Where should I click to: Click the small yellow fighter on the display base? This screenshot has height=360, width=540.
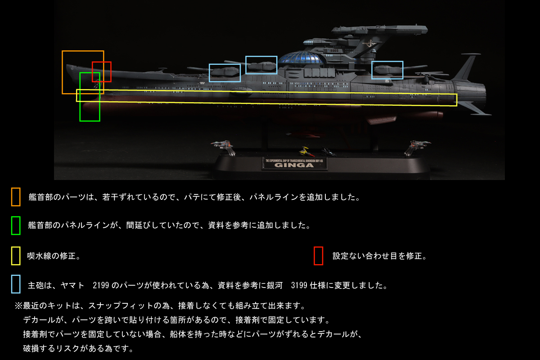pyautogui.click(x=308, y=149)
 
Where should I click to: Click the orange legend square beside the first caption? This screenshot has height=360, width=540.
pyautogui.click(x=16, y=197)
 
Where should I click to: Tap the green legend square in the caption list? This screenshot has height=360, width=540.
pyautogui.click(x=16, y=225)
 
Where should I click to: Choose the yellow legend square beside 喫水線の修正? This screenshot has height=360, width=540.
pyautogui.click(x=16, y=256)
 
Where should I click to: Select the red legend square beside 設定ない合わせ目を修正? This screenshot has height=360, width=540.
pyautogui.click(x=318, y=256)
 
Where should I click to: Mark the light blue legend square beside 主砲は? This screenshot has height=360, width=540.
pyautogui.click(x=16, y=284)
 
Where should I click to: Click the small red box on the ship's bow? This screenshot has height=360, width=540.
pyautogui.click(x=101, y=72)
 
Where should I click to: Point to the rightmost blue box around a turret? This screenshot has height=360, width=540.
pyautogui.click(x=387, y=70)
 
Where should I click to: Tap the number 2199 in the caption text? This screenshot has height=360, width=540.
pyautogui.click(x=101, y=285)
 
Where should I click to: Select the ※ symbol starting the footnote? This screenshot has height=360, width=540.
pyautogui.click(x=18, y=306)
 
